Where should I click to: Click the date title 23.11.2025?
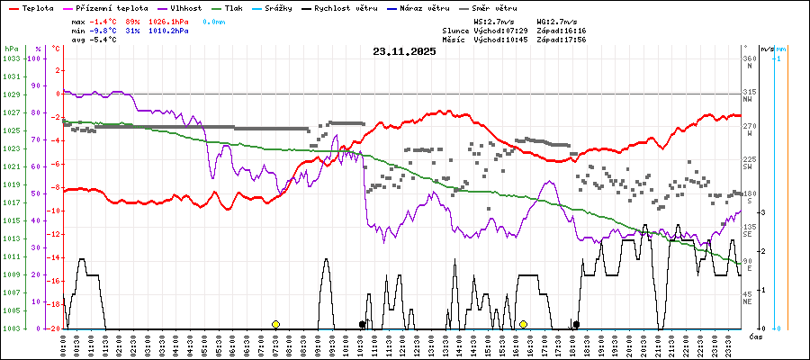click(x=404, y=51)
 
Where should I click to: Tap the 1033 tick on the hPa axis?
click(x=11, y=58)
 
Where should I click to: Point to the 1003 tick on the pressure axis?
click(x=11, y=328)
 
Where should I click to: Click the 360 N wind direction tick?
click(x=749, y=62)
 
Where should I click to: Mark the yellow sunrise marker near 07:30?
click(x=275, y=324)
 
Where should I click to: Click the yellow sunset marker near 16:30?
click(x=523, y=324)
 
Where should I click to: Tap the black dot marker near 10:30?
click(x=362, y=324)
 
